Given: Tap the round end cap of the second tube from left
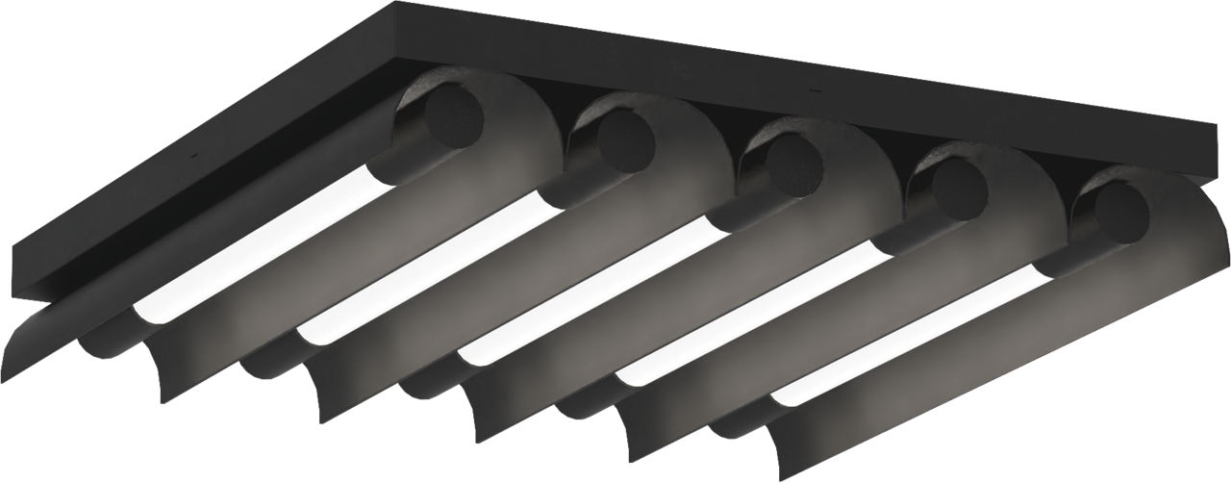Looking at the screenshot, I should click(x=625, y=141).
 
